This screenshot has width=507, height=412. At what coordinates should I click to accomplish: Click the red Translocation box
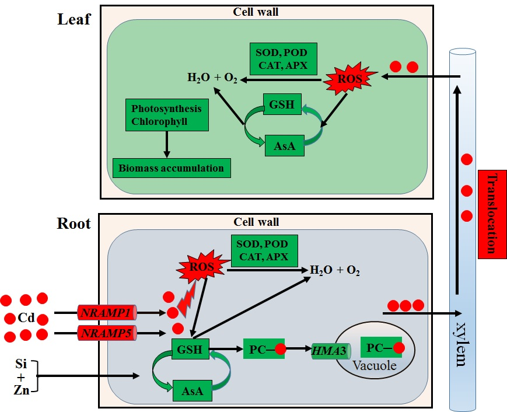(491, 214)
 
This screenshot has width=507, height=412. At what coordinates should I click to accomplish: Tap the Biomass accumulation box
(171, 168)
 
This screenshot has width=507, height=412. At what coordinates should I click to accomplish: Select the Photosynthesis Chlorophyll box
(166, 114)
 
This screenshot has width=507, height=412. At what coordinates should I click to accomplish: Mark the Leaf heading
(74, 19)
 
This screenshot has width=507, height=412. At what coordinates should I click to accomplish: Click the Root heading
(74, 224)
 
